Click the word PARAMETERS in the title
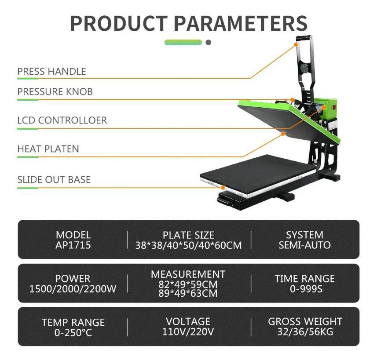pyautogui.click(x=241, y=23)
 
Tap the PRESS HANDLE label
pyautogui.click(x=51, y=71)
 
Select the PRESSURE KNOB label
pyautogui.click(x=55, y=91)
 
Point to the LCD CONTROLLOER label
pyautogui.click(x=62, y=120)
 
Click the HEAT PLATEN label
pyautogui.click(x=48, y=149)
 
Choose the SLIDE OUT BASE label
pyautogui.click(x=54, y=179)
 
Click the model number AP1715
pyautogui.click(x=73, y=245)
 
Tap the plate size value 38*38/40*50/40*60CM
pyautogui.click(x=188, y=245)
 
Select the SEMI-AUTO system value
pyautogui.click(x=304, y=245)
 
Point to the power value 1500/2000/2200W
pyautogui.click(x=73, y=289)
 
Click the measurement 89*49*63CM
pyautogui.click(x=188, y=294)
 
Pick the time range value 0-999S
pyautogui.click(x=306, y=289)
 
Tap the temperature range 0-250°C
pyautogui.click(x=73, y=333)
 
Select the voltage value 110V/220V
pyautogui.click(x=188, y=331)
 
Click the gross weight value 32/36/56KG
pyautogui.click(x=305, y=331)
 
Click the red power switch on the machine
pyautogui.click(x=334, y=106)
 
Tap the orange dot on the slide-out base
pyautogui.click(x=223, y=188)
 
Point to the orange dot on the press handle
pyautogui.click(x=296, y=45)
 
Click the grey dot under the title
pyautogui.click(x=209, y=43)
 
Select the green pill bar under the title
pyautogui.click(x=183, y=43)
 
